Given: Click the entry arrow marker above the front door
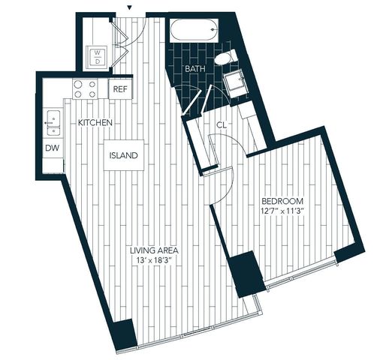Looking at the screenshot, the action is coord(129,7).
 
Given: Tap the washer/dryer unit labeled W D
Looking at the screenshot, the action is coord(97,57).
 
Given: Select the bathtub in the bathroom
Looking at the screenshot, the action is coord(195,30).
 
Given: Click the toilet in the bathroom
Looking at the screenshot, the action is coord(225,57).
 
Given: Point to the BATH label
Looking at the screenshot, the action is coord(195,69).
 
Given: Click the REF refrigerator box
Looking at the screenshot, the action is coord(120,88).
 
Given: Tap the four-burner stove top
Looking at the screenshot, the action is coord(85,88).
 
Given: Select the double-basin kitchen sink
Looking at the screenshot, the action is coord(53,123).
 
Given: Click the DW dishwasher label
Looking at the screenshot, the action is coord(53,148).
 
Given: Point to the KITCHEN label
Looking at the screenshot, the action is coord(95,123).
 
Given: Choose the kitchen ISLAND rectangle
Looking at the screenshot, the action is coord(124,155).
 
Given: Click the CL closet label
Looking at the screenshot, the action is coord(222,125).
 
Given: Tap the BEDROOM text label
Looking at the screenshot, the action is coord(282,201).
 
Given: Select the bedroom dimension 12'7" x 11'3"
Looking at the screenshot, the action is coord(282,211).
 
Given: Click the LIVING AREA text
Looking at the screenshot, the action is coord(154,250).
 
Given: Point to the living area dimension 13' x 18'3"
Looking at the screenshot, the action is coord(154,260).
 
